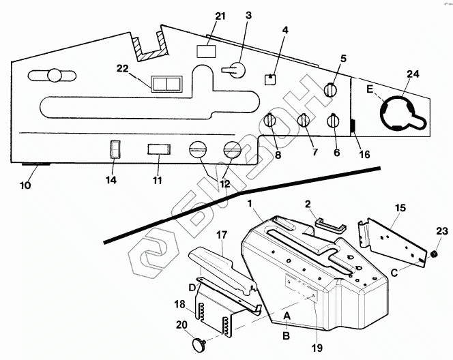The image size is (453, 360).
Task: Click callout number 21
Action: tap(220, 16)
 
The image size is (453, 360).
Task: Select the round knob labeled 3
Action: tap(235, 70)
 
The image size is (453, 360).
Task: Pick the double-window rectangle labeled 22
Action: tap(167, 83)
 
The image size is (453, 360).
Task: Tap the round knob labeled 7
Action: tap(304, 121)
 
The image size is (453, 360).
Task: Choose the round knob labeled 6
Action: tap(334, 121)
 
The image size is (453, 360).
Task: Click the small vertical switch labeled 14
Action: tap(115, 149)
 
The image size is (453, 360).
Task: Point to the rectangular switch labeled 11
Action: tap(159, 149)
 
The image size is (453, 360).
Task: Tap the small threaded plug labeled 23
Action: tap(433, 254)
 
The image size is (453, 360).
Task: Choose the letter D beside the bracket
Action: tap(192, 286)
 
